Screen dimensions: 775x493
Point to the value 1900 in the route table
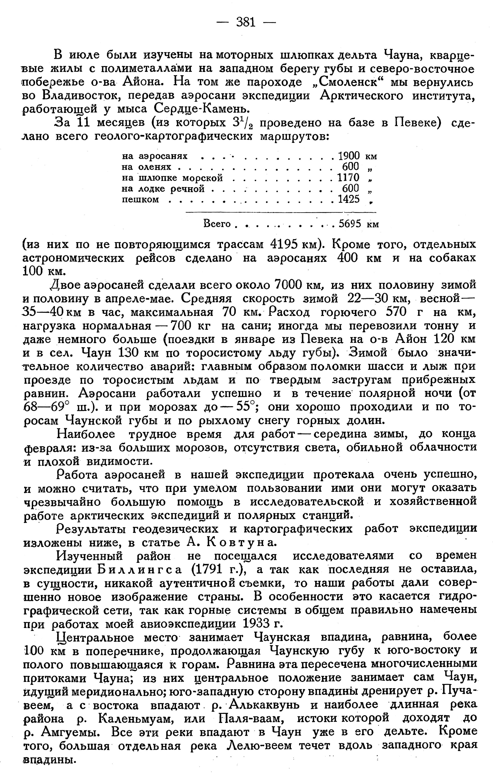(x=349, y=156)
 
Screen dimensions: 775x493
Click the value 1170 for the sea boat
(x=348, y=178)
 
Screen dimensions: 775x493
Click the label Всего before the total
(x=217, y=224)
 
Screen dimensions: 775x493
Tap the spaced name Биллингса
(x=139, y=570)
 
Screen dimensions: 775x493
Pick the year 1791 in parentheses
(x=209, y=570)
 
